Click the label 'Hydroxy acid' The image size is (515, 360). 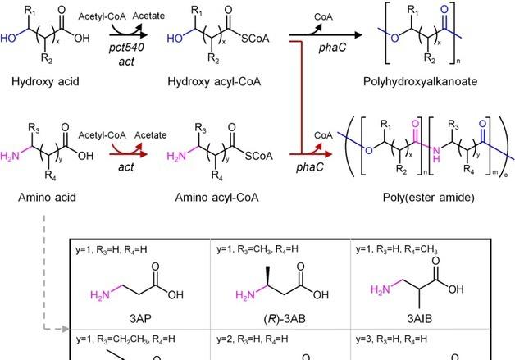click(38, 82)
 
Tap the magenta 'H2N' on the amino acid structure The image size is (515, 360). click(11, 153)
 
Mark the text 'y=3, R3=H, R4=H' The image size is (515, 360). click(394, 338)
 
